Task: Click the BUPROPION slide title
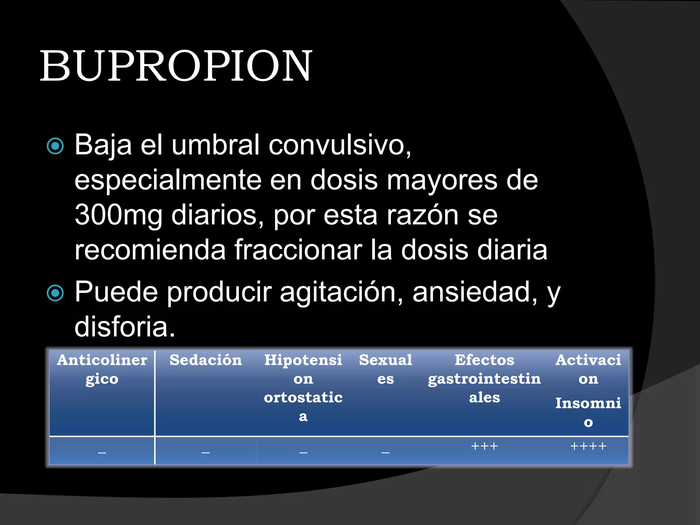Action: coord(176,66)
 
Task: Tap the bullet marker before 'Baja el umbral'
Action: coord(55,146)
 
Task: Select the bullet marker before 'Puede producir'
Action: coord(55,293)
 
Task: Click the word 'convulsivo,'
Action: coord(340,145)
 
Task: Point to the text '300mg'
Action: coord(118,215)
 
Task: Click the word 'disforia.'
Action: coord(125,327)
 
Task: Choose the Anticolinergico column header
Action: coord(102,369)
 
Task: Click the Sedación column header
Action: coord(205,360)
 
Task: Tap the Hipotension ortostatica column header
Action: coord(303,388)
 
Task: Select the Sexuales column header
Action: coord(386,369)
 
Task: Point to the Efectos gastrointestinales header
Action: coord(484,378)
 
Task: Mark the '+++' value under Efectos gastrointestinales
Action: coord(484,446)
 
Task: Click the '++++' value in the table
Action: coord(588,446)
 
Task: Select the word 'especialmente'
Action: coord(167,180)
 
